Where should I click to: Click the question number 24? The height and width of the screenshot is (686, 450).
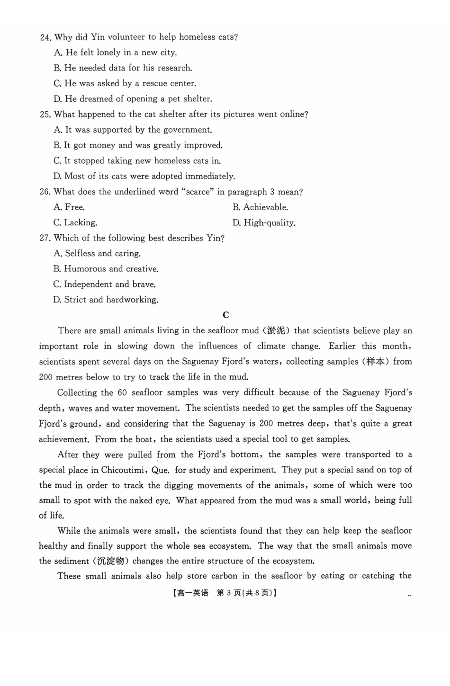click(45, 37)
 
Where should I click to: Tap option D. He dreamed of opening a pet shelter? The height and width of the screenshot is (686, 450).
click(133, 99)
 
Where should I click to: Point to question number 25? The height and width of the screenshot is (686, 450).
click(45, 115)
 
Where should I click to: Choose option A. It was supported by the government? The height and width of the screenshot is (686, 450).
click(133, 130)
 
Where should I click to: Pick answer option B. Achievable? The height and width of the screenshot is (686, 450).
click(260, 207)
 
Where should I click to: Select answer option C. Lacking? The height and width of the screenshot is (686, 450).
click(75, 223)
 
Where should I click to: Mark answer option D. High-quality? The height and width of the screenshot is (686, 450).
click(264, 223)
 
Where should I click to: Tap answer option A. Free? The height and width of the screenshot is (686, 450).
click(69, 207)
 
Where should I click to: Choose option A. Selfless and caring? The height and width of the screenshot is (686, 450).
click(97, 254)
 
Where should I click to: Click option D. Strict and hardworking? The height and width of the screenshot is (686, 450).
click(106, 300)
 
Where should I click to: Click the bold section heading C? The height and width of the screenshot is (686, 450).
click(225, 315)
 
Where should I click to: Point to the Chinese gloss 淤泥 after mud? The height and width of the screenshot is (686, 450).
click(276, 330)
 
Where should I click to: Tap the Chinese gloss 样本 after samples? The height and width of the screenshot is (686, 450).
click(376, 362)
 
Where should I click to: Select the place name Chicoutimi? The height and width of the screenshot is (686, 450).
click(124, 470)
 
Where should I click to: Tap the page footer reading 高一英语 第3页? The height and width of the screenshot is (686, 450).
click(225, 593)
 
